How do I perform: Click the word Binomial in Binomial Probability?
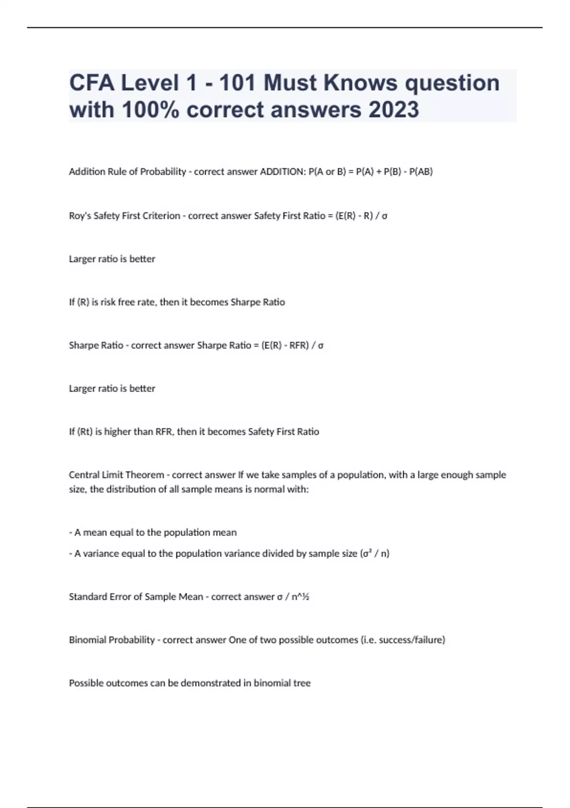point(88,640)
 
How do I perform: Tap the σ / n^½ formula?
point(293,596)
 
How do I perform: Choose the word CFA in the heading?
point(92,83)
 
